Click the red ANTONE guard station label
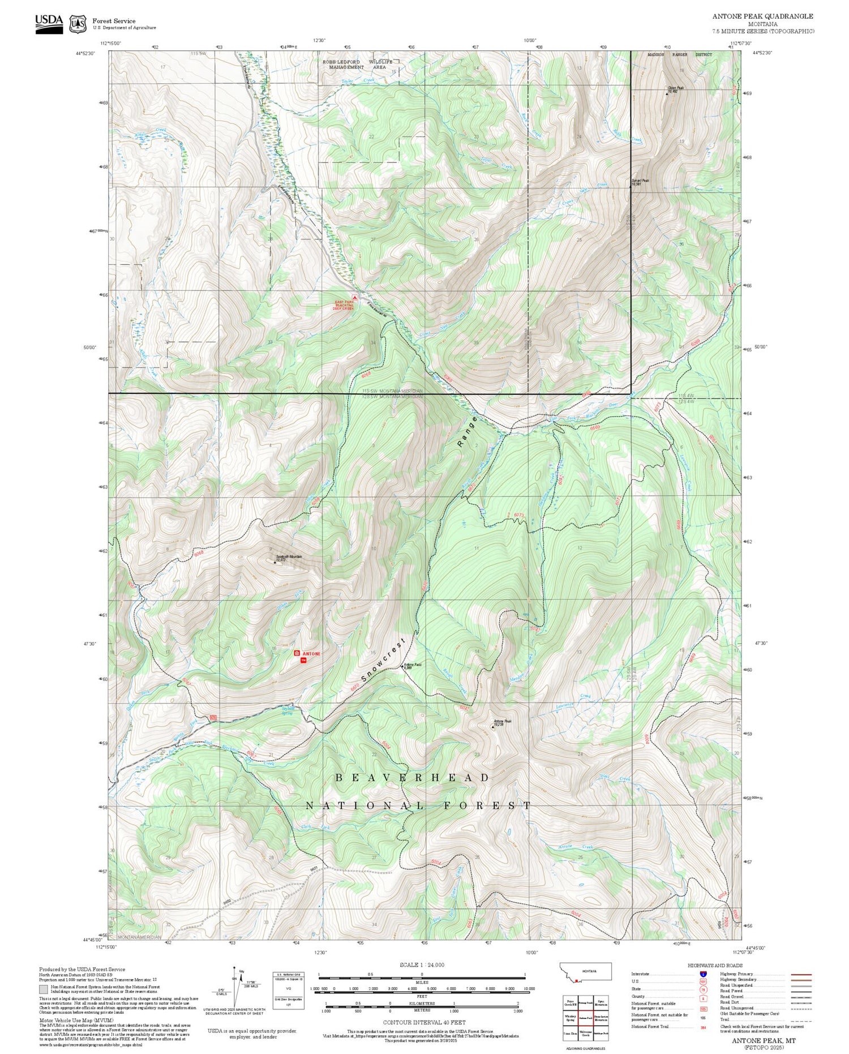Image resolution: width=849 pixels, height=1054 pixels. (x=311, y=654)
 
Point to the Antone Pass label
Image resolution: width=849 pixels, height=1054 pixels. (x=411, y=665)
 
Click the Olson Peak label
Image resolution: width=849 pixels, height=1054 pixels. (x=676, y=88)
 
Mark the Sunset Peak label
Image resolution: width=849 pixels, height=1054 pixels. (x=640, y=182)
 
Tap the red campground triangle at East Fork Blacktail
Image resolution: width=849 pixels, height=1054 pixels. (x=355, y=297)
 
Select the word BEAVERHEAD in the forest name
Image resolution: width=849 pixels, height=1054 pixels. (x=413, y=778)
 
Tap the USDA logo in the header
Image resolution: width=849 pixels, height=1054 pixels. (x=49, y=23)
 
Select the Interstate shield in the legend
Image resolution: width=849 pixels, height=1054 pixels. (x=703, y=974)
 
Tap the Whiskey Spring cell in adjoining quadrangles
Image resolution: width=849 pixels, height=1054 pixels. (x=570, y=1018)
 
